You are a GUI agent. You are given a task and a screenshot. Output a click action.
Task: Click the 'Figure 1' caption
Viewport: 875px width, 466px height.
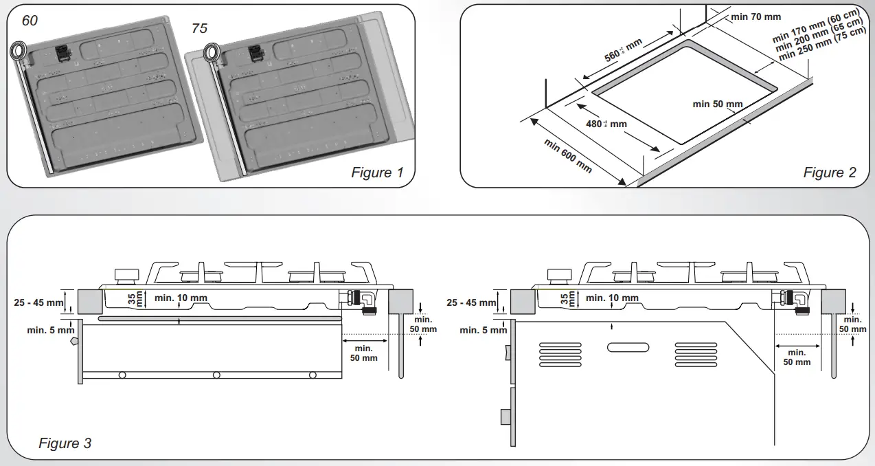pyautogui.click(x=377, y=173)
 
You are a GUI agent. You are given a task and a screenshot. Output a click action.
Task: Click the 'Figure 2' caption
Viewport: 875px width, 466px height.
pyautogui.click(x=830, y=173)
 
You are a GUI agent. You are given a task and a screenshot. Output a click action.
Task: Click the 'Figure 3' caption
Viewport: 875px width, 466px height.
pyautogui.click(x=65, y=443)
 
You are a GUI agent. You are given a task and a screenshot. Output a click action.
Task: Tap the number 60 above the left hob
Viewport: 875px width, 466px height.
pyautogui.click(x=30, y=21)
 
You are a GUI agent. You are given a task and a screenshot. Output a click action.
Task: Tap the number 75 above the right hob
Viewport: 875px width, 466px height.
pyautogui.click(x=198, y=29)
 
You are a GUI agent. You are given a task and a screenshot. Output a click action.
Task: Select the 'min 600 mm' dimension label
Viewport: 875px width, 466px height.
pyautogui.click(x=568, y=156)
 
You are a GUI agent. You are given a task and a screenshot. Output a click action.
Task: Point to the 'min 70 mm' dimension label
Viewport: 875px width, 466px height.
pyautogui.click(x=756, y=16)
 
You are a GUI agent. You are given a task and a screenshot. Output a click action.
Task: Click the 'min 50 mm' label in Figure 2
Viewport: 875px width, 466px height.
pyautogui.click(x=718, y=104)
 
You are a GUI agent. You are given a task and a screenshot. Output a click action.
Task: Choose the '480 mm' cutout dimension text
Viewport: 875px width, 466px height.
pyautogui.click(x=606, y=124)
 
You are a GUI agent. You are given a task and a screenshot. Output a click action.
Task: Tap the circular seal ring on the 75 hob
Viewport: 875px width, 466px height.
pyautogui.click(x=213, y=52)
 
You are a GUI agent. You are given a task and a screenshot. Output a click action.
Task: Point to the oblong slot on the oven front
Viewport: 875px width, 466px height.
pyautogui.click(x=628, y=347)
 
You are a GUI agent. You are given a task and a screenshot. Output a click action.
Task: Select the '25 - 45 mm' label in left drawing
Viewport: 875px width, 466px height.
pyautogui.click(x=38, y=302)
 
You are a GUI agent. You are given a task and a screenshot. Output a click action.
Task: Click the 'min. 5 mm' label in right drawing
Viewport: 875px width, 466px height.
pyautogui.click(x=483, y=330)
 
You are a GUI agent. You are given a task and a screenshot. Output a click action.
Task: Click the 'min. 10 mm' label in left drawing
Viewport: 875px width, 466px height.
pyautogui.click(x=181, y=298)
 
